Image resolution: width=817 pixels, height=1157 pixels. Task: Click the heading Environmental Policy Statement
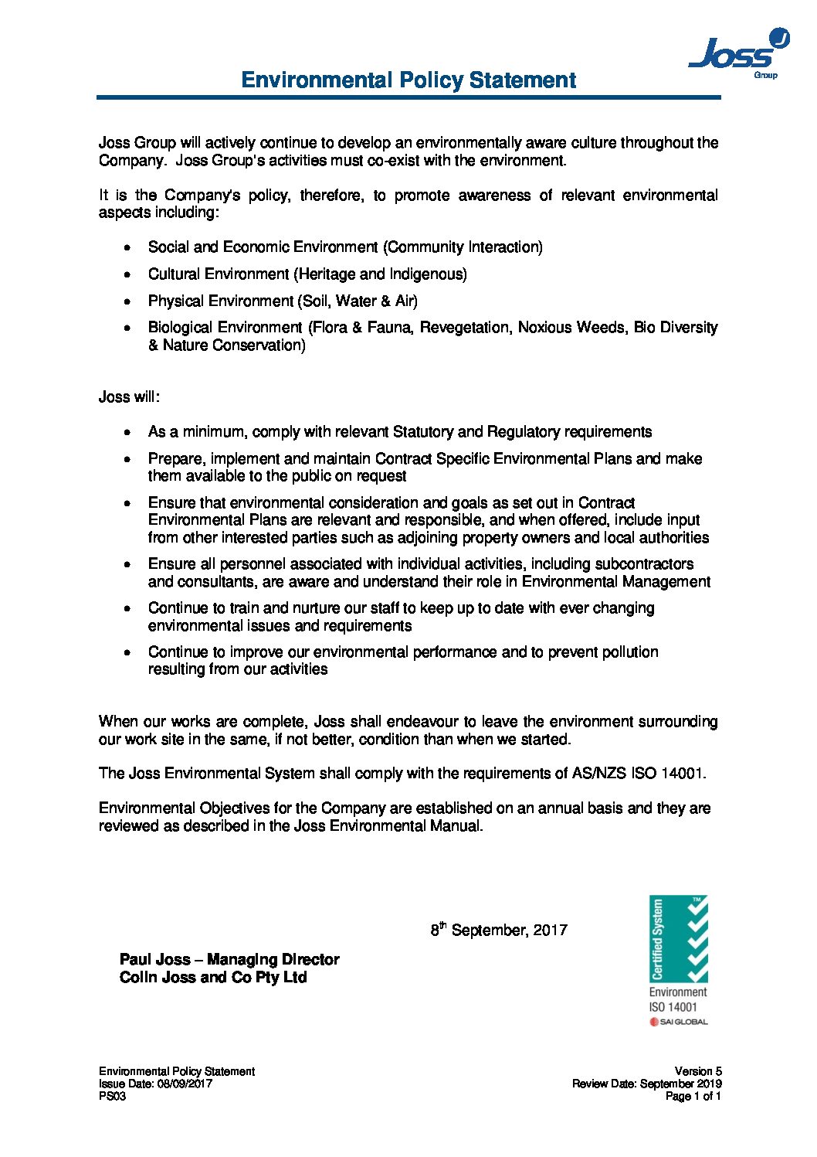pos(408,80)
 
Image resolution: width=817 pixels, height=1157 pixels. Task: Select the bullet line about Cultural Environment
pos(307,274)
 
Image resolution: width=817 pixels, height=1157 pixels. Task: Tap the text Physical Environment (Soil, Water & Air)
pos(283,301)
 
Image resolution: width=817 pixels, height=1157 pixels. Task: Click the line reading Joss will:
pos(129,397)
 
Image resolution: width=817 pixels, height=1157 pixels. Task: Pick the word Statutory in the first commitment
pos(423,432)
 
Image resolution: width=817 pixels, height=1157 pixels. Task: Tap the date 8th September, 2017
pos(499,930)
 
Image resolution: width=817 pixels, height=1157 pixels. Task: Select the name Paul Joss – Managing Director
pos(229,960)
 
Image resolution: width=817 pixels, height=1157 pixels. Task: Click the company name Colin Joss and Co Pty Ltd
pos(213,978)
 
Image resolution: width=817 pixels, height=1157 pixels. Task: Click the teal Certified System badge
pos(679,938)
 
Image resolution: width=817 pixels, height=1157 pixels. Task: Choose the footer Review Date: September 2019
pos(646,1084)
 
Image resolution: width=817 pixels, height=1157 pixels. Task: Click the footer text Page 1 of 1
pos(693,1096)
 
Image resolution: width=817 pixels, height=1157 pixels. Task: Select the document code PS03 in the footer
pos(112,1096)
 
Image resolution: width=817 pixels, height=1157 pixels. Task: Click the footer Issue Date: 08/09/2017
pos(155,1084)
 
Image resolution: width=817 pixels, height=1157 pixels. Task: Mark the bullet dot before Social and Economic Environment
pos(127,248)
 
